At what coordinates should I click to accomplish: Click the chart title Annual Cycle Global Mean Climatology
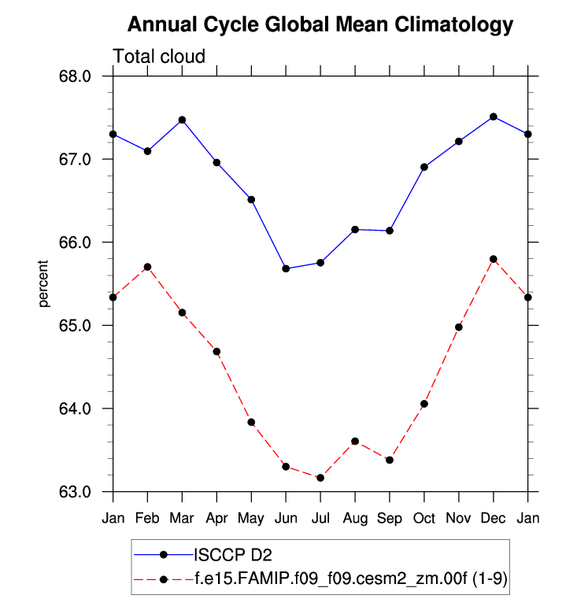[x=320, y=24]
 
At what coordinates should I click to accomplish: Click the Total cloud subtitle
[x=159, y=57]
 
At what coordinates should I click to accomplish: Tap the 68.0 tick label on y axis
[x=76, y=76]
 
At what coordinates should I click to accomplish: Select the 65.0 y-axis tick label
[x=76, y=325]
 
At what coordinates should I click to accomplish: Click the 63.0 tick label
[x=76, y=492]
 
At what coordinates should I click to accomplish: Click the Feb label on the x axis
[x=147, y=518]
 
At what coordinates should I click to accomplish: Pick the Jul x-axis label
[x=320, y=518]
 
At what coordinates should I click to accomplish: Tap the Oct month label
[x=424, y=518]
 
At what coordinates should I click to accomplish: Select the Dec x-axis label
[x=494, y=518]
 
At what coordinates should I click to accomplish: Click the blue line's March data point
[x=182, y=120]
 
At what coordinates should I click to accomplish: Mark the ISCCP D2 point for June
[x=286, y=268]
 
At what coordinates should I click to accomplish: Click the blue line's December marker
[x=494, y=116]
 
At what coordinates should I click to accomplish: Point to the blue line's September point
[x=390, y=231]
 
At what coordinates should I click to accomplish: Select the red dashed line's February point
[x=147, y=267]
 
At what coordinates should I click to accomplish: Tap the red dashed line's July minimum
[x=320, y=478]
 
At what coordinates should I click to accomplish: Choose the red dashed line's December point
[x=494, y=259]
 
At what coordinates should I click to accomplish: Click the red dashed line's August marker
[x=355, y=442]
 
